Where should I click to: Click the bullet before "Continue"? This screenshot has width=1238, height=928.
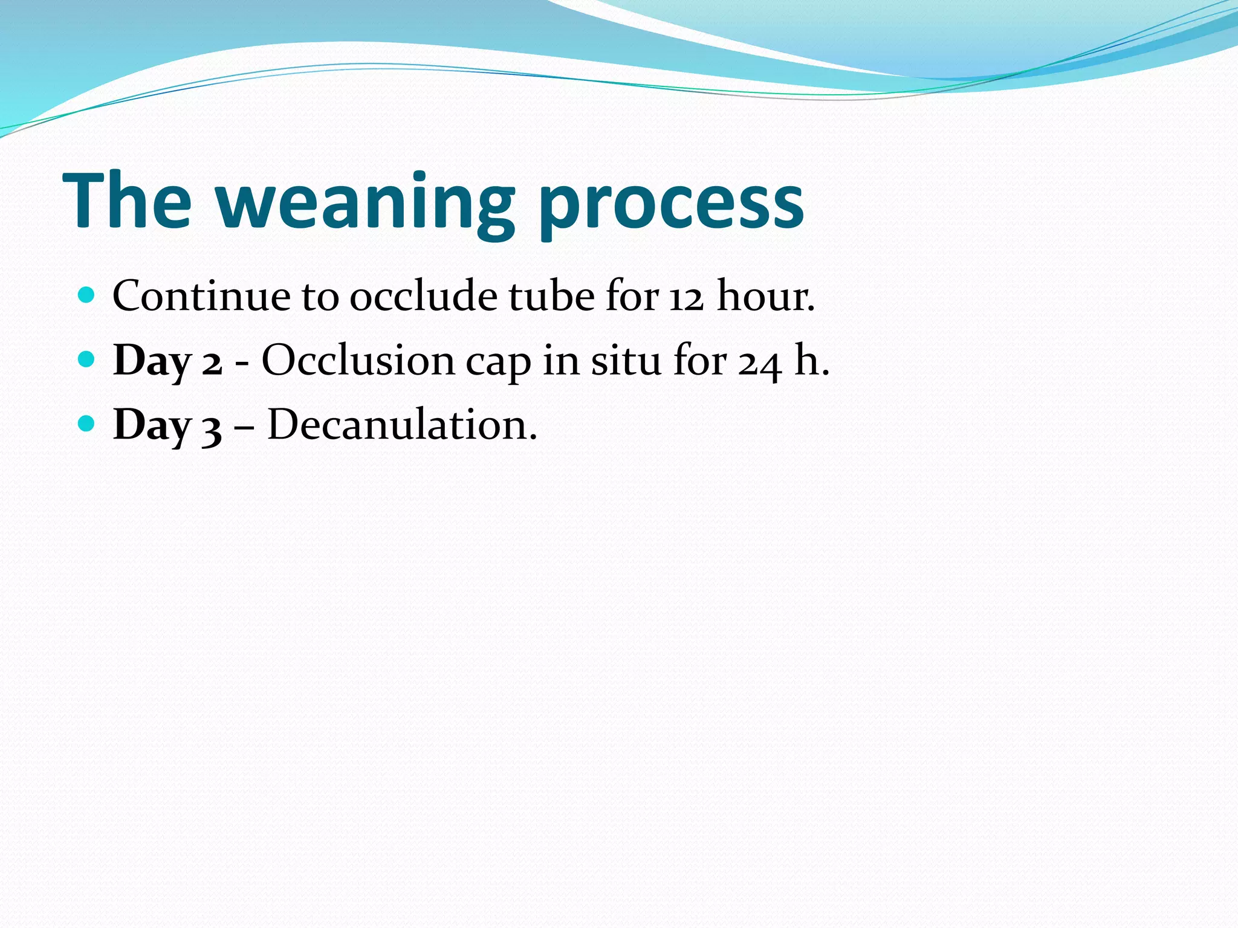pos(87,295)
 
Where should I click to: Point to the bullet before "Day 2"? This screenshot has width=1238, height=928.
pos(87,359)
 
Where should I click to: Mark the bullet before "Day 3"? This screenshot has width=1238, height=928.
pos(87,424)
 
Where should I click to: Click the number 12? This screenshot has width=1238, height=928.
pos(686,297)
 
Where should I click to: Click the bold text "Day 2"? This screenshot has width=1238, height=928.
pos(167,361)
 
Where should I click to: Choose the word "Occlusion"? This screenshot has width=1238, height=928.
pos(358,361)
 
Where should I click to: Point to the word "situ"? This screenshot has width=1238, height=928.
pos(626,361)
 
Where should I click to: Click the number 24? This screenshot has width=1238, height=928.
pos(759,362)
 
